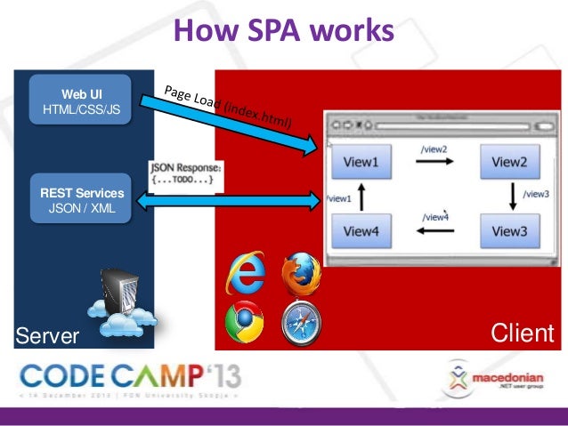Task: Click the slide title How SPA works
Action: pos(283,33)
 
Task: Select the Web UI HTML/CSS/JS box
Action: pos(80,101)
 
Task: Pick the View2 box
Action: pos(509,162)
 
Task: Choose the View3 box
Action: pos(509,231)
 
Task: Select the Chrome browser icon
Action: pos(245,324)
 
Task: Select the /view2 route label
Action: pos(434,149)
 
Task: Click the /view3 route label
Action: pos(536,193)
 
